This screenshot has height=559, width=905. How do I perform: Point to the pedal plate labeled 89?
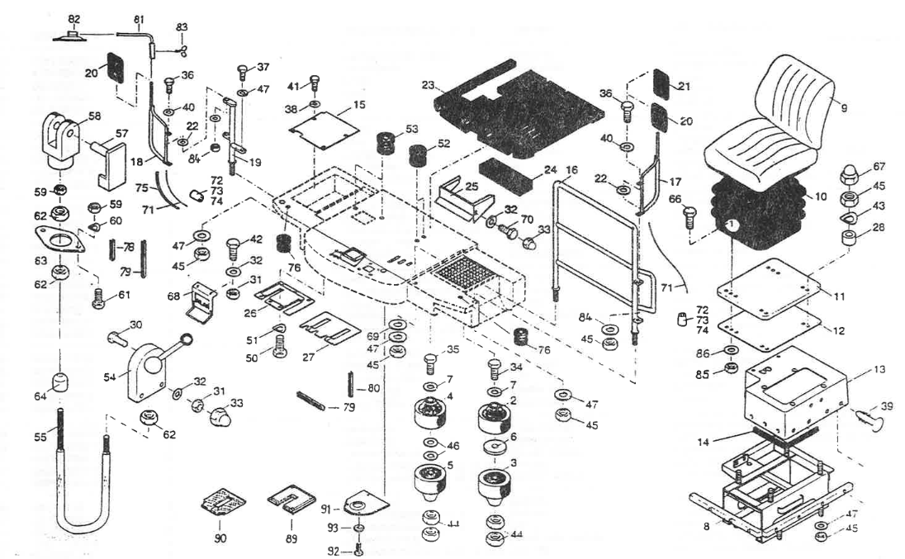(x=288, y=503)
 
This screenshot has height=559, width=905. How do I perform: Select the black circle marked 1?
(x=731, y=225)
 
